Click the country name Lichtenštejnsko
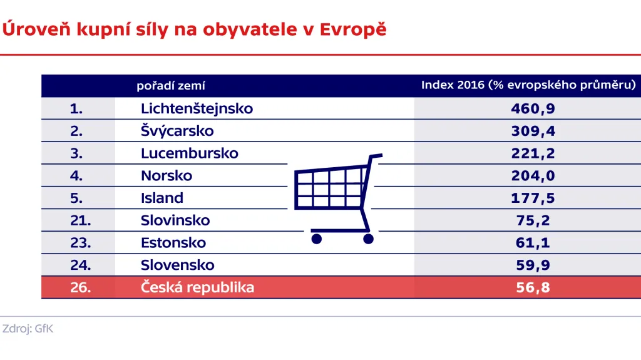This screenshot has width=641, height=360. [197, 108]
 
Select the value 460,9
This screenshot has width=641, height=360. [533, 108]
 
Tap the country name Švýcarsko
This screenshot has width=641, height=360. [177, 131]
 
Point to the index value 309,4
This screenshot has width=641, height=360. [533, 131]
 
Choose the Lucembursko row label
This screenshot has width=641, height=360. [189, 153]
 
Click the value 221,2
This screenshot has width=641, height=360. [533, 153]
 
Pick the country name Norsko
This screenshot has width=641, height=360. [167, 176]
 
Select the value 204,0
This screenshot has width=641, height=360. [533, 176]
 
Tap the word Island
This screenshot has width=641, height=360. [162, 198]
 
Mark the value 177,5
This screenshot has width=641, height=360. [533, 198]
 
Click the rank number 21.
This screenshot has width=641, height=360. [80, 220]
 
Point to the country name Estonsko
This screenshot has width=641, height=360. [173, 243]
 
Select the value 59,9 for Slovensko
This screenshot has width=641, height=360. [533, 265]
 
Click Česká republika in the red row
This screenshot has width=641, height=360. [197, 287]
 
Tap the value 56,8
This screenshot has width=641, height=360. [533, 287]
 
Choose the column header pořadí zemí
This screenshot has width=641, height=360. [171, 86]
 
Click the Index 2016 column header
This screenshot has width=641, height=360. [528, 85]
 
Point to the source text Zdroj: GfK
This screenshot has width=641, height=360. [28, 329]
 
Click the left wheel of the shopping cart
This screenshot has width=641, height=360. [316, 238]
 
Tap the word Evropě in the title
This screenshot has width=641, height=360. [354, 29]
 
